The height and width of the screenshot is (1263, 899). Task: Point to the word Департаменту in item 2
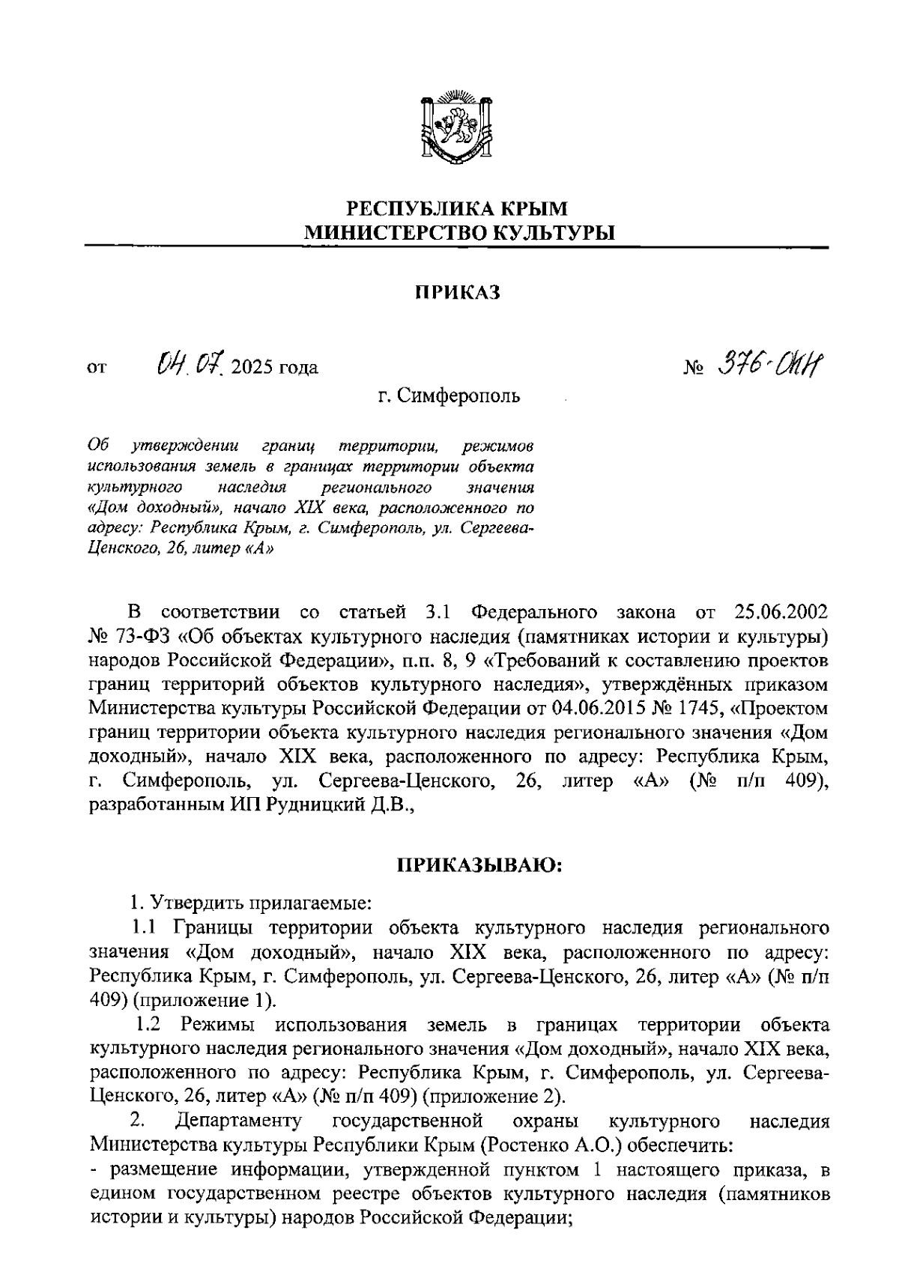tap(238, 1121)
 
